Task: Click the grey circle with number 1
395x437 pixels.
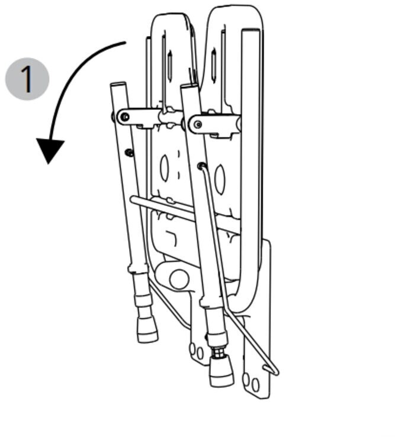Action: point(27,79)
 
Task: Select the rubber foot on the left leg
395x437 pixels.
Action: point(147,332)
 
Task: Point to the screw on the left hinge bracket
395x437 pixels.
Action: point(125,116)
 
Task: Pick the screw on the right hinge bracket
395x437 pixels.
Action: point(198,124)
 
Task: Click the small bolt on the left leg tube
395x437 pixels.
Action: point(129,153)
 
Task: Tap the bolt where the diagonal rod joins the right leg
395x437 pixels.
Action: point(201,166)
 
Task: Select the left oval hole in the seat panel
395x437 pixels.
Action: point(164,168)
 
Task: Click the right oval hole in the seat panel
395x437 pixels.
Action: point(220,179)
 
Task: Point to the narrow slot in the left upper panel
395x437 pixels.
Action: point(170,66)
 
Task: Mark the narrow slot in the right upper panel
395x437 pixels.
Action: point(214,66)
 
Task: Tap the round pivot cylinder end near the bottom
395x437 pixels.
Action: point(179,279)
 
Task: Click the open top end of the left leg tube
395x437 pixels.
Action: point(118,84)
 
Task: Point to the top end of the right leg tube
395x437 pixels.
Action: point(189,86)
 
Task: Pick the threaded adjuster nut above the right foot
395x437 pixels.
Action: point(219,353)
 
